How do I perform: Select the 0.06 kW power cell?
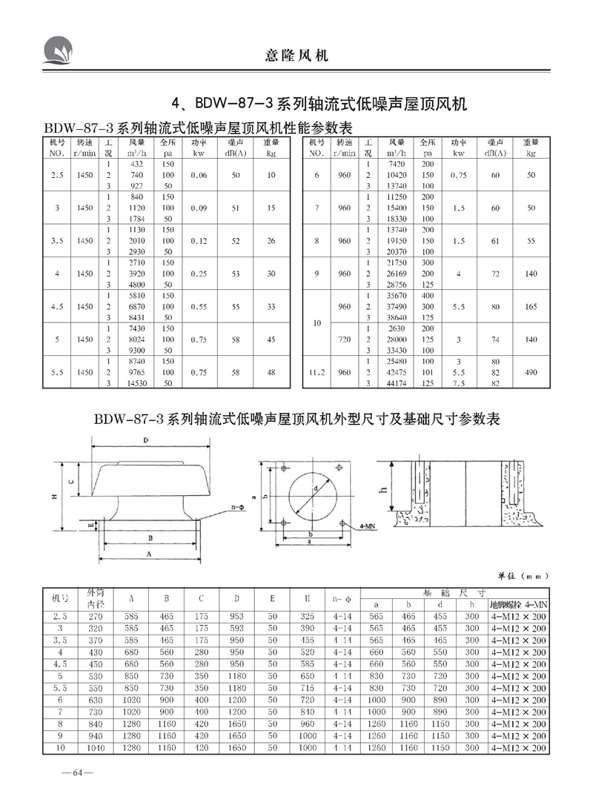[x=197, y=175]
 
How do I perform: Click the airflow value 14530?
[x=136, y=384]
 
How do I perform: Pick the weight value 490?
[x=530, y=374]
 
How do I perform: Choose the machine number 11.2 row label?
[x=317, y=374]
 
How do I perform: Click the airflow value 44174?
[x=393, y=384]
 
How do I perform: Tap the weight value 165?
[x=530, y=306]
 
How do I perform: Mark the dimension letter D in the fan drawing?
[x=147, y=440]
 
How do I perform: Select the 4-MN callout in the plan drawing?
[x=365, y=524]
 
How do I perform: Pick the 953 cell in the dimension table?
[x=237, y=616]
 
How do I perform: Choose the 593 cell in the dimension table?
[x=237, y=627]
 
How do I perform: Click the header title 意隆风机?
[x=296, y=55]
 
